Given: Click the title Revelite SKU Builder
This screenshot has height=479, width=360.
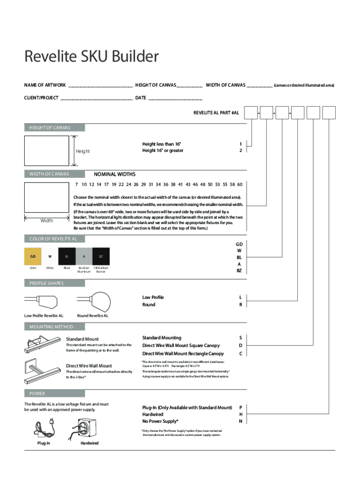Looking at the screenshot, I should click(x=91, y=58).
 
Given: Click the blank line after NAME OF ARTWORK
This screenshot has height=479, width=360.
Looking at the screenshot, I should click(x=101, y=86).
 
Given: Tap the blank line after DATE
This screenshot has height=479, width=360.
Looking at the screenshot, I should click(x=175, y=99).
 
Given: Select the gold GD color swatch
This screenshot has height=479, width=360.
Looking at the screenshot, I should click(x=33, y=256).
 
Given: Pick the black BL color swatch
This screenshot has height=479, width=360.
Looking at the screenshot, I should click(x=67, y=256).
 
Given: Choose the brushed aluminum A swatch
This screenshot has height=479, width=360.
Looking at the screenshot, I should click(x=84, y=256).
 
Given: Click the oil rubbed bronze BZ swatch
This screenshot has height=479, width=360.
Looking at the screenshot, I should click(x=101, y=256).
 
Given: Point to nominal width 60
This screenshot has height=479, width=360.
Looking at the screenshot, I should click(x=239, y=184).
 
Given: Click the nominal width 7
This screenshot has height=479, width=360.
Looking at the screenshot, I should click(x=76, y=184).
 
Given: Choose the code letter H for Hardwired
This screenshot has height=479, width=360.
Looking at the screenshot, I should click(x=241, y=414).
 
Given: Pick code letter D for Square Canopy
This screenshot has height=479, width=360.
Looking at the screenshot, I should click(x=241, y=346).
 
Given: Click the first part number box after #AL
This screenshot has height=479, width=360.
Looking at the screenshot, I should click(x=252, y=113).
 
